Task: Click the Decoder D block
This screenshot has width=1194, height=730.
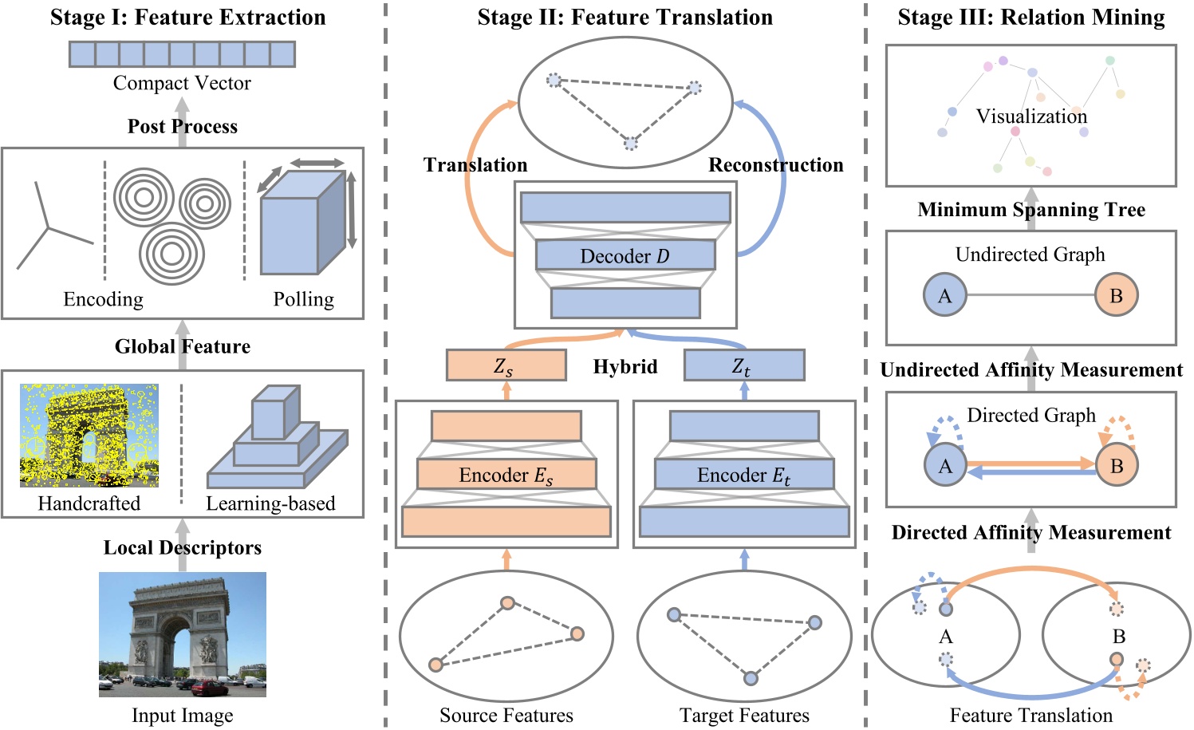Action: (625, 256)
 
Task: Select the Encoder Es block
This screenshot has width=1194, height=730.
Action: (506, 475)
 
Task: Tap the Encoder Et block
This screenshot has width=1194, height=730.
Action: (743, 475)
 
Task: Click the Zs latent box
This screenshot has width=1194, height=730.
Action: (506, 365)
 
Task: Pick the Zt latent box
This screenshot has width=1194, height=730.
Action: (743, 365)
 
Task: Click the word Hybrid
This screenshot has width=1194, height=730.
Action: (625, 366)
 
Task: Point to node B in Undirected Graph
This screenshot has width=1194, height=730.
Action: (1116, 295)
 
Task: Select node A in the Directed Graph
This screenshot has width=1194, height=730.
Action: (945, 466)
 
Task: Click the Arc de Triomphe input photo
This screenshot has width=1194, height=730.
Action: (183, 634)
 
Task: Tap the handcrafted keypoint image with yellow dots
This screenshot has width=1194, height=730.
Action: (89, 436)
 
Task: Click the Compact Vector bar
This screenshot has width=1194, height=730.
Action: (182, 54)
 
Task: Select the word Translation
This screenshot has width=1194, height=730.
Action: (475, 165)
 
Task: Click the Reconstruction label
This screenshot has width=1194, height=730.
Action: (775, 165)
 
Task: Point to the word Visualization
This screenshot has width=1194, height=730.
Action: (1031, 116)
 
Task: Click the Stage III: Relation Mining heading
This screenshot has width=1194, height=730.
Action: (1030, 18)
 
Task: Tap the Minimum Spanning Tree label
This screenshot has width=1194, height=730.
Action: (1030, 210)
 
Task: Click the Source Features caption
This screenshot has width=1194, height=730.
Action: (506, 715)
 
